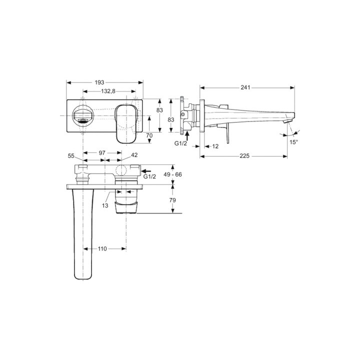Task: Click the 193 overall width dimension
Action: pyautogui.click(x=105, y=82)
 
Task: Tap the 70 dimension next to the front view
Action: pyautogui.click(x=149, y=135)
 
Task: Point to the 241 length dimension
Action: pyautogui.click(x=245, y=87)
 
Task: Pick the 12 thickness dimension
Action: pyautogui.click(x=215, y=146)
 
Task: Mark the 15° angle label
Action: pyautogui.click(x=293, y=142)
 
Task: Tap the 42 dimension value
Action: pyautogui.click(x=134, y=156)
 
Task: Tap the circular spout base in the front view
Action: pyautogui.click(x=82, y=117)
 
